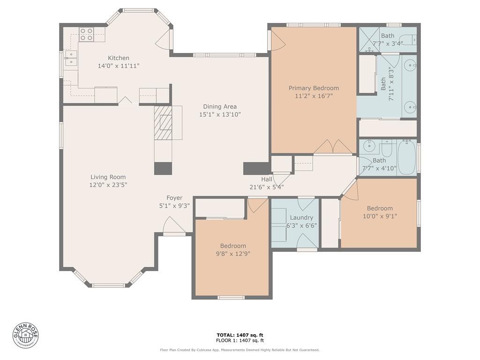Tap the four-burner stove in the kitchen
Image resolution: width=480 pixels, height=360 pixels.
pyautogui.click(x=86, y=34)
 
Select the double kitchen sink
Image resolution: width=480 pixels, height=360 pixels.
pyautogui.click(x=71, y=59)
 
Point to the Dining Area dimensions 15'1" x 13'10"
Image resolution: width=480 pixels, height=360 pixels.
pyautogui.click(x=220, y=114)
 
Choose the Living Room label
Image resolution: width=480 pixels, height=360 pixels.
pyautogui.click(x=108, y=177)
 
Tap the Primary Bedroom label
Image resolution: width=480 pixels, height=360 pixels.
pyautogui.click(x=314, y=88)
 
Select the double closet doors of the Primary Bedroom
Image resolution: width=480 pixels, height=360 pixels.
pyautogui.click(x=333, y=147)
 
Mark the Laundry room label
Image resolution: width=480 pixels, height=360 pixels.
pyautogui.click(x=301, y=217)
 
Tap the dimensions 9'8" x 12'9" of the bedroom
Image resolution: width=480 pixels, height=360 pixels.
pyautogui.click(x=233, y=254)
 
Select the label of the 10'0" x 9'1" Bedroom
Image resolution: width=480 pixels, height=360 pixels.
pyautogui.click(x=380, y=209)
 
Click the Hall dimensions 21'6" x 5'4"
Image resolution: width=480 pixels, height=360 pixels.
pyautogui.click(x=266, y=187)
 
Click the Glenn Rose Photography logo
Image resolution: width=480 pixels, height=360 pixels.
pyautogui.click(x=26, y=335)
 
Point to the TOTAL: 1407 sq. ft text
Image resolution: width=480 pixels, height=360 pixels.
pyautogui.click(x=240, y=335)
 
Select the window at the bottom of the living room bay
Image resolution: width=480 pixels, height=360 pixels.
pyautogui.click(x=108, y=285)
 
